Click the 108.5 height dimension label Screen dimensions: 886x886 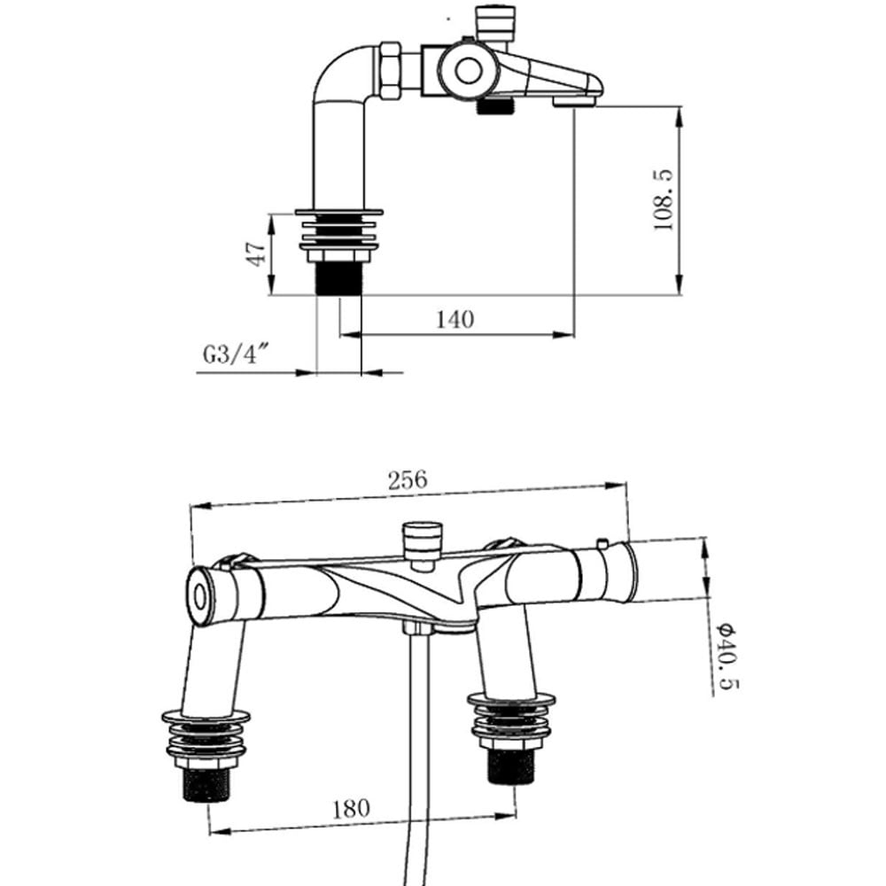[664, 200]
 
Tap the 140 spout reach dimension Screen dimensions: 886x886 [455, 319]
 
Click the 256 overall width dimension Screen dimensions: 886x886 [408, 479]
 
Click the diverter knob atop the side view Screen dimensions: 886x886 [495, 21]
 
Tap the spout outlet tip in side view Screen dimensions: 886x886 [575, 101]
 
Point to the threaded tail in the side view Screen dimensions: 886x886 [339, 277]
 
